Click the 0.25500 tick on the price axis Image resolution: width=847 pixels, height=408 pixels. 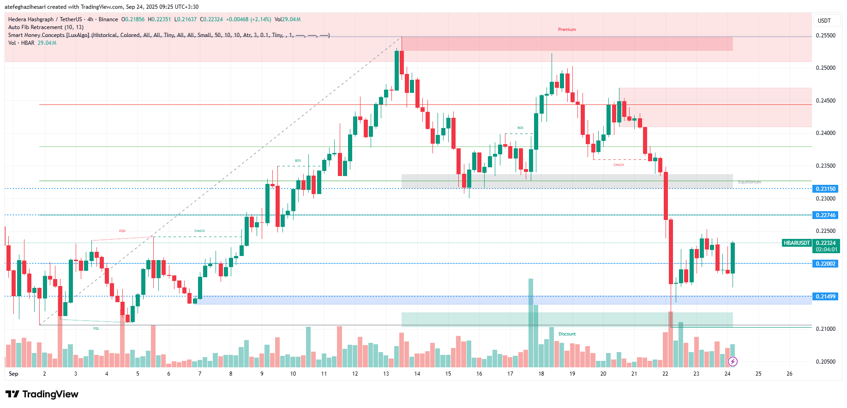coord(825,36)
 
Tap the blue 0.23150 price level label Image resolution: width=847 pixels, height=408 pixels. coord(825,189)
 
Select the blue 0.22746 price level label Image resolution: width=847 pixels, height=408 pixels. coord(825,215)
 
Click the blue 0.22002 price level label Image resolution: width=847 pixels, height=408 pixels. coord(825,264)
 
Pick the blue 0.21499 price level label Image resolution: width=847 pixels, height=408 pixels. coord(825,297)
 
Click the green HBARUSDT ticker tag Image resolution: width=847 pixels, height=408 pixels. coord(797,243)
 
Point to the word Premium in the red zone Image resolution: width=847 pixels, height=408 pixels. coord(567,30)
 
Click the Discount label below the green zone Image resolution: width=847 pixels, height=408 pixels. coord(567,334)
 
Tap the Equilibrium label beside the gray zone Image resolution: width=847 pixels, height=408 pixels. coord(749,182)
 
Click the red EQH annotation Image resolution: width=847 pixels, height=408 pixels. coord(122,231)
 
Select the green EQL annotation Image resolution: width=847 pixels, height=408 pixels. coord(96,329)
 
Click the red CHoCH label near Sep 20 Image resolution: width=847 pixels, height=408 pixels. coord(619,165)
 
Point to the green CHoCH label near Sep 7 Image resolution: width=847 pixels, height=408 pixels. coord(199,231)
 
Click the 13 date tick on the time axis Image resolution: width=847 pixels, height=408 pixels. coord(386,374)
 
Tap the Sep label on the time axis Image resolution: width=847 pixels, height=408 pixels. coord(13,374)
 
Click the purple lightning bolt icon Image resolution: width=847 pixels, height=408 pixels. coord(733,361)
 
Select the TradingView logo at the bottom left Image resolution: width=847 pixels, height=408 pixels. coord(42,394)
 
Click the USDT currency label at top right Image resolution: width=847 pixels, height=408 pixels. coord(824,21)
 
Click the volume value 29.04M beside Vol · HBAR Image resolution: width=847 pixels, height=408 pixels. coord(47,43)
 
